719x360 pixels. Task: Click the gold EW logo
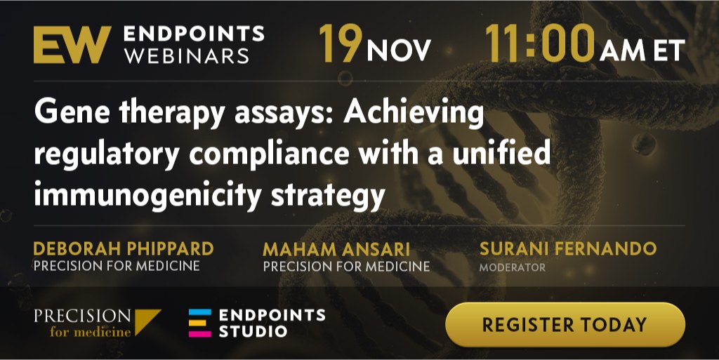72,44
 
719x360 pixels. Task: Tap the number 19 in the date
341,44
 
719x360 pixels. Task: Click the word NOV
399,50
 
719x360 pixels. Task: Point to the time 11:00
540,44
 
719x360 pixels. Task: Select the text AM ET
642,50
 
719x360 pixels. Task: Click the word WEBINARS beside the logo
187,56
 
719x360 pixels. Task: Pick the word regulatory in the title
107,154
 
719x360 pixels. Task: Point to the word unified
501,152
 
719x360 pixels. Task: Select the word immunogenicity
147,194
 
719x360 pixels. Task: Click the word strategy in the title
328,195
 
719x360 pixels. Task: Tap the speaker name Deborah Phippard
124,248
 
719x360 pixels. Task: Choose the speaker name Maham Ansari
336,250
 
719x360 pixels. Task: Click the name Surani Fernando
567,248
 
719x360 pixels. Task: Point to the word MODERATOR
512,267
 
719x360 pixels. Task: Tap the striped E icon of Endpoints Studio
200,323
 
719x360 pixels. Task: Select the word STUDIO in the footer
253,331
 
